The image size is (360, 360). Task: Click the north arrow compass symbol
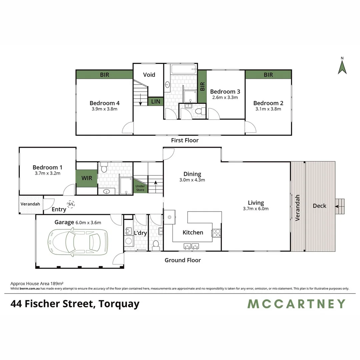click(342, 67)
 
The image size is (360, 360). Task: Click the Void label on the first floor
click(149, 75)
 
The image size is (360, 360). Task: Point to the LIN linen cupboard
click(156, 101)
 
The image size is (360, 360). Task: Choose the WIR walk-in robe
click(87, 178)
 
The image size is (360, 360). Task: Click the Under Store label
click(140, 188)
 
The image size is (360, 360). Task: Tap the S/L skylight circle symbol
click(71, 204)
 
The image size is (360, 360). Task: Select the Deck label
click(319, 206)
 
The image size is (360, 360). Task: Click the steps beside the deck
click(340, 206)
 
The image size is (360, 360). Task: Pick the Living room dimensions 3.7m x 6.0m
click(256, 209)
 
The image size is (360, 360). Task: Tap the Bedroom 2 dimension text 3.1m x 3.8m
click(268, 109)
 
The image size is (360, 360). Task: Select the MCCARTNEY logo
click(296, 304)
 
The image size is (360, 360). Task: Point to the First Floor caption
click(185, 140)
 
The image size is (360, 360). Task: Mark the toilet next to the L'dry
click(155, 247)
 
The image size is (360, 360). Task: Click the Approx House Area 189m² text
click(37, 283)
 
